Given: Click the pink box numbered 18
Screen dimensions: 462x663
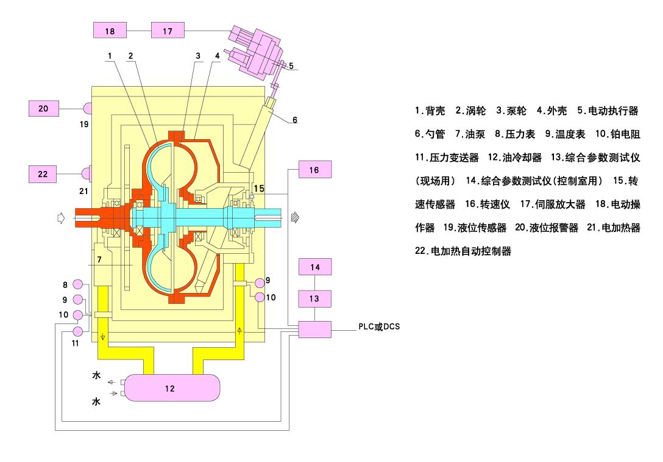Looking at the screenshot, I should coord(110,29).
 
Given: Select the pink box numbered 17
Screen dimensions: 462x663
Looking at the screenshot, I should coord(167,29).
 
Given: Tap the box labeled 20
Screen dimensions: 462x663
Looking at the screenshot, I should coord(43,108).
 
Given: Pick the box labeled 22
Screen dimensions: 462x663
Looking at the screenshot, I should coord(43,173).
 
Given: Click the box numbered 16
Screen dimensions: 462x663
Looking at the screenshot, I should coord(314,170).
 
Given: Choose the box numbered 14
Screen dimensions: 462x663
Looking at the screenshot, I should coord(314,267).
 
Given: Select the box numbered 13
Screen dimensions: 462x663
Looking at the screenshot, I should coord(314,298).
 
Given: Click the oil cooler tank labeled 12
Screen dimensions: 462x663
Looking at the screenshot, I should coord(170,388).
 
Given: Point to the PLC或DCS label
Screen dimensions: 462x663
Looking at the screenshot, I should coord(378,327).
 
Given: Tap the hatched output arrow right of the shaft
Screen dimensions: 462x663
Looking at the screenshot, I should coord(296,217).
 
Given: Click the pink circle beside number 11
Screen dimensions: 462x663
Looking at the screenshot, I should coord(77,331).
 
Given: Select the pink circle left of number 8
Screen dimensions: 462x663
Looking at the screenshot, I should coord(77,284).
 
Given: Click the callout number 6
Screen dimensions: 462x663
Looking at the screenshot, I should coord(295,120).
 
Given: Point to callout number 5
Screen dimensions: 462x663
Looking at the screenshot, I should coord(291,65).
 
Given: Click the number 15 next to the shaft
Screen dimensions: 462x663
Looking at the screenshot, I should coord(259,189).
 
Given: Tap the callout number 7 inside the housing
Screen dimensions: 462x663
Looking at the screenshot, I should coord(99,259).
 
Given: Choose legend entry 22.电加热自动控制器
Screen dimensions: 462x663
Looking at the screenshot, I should coord(463,251).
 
